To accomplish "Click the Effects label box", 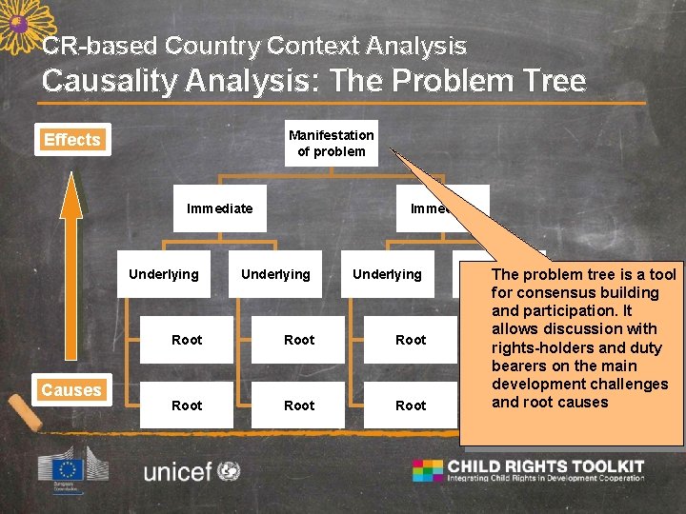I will [71, 140].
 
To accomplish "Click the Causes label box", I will [71, 390].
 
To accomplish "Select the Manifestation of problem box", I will [331, 143].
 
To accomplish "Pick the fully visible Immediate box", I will [220, 208].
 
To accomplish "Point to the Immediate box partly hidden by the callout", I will [429, 208].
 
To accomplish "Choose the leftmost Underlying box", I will [164, 274].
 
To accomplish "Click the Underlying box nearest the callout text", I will [387, 274].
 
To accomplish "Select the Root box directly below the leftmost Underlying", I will [187, 340].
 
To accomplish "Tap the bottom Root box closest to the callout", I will [411, 405].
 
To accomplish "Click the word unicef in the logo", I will [178, 471].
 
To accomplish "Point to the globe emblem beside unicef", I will [229, 470].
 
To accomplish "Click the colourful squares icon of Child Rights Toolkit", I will [428, 470].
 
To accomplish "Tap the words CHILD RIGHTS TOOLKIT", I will [546, 466].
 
